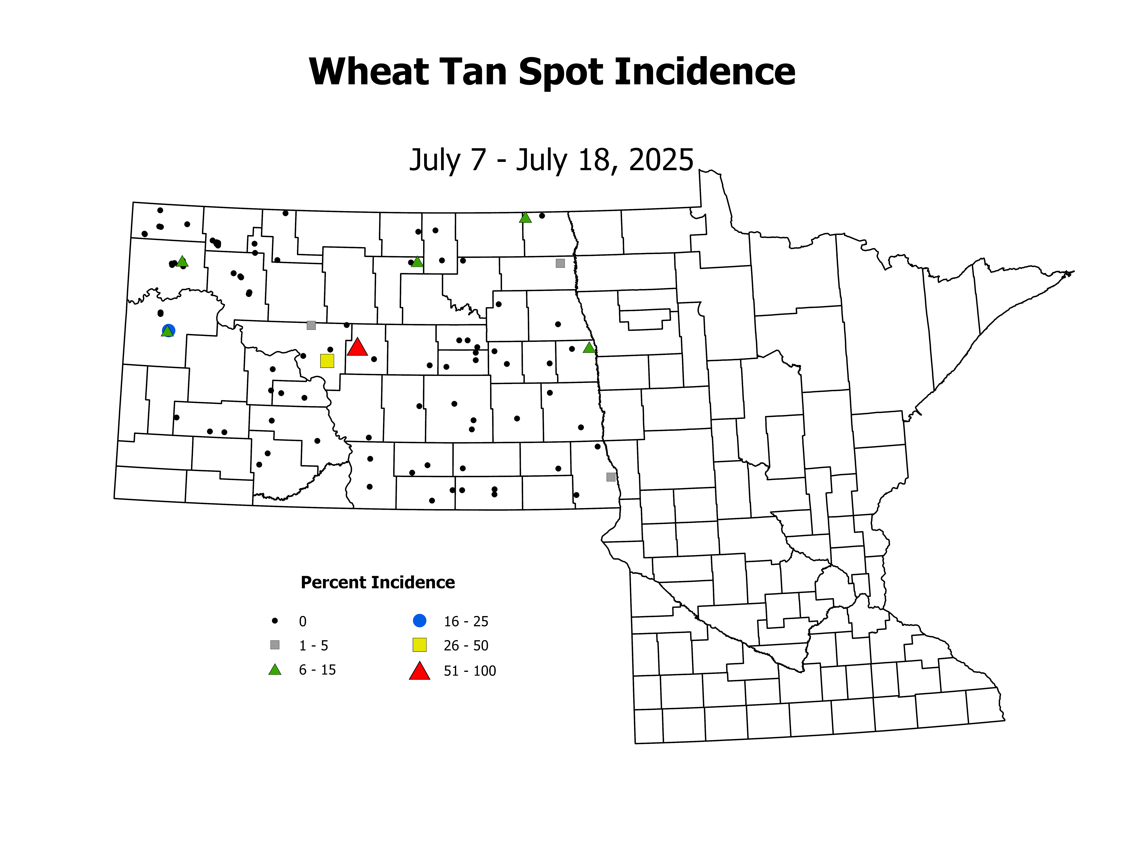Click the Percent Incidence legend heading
tap(378, 582)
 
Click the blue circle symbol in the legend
tap(420, 620)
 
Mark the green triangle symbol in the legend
tap(275, 670)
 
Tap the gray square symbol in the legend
tap(275, 645)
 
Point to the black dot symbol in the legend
tap(275, 620)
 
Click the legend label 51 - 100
tap(470, 671)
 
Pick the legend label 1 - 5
tap(313, 646)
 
